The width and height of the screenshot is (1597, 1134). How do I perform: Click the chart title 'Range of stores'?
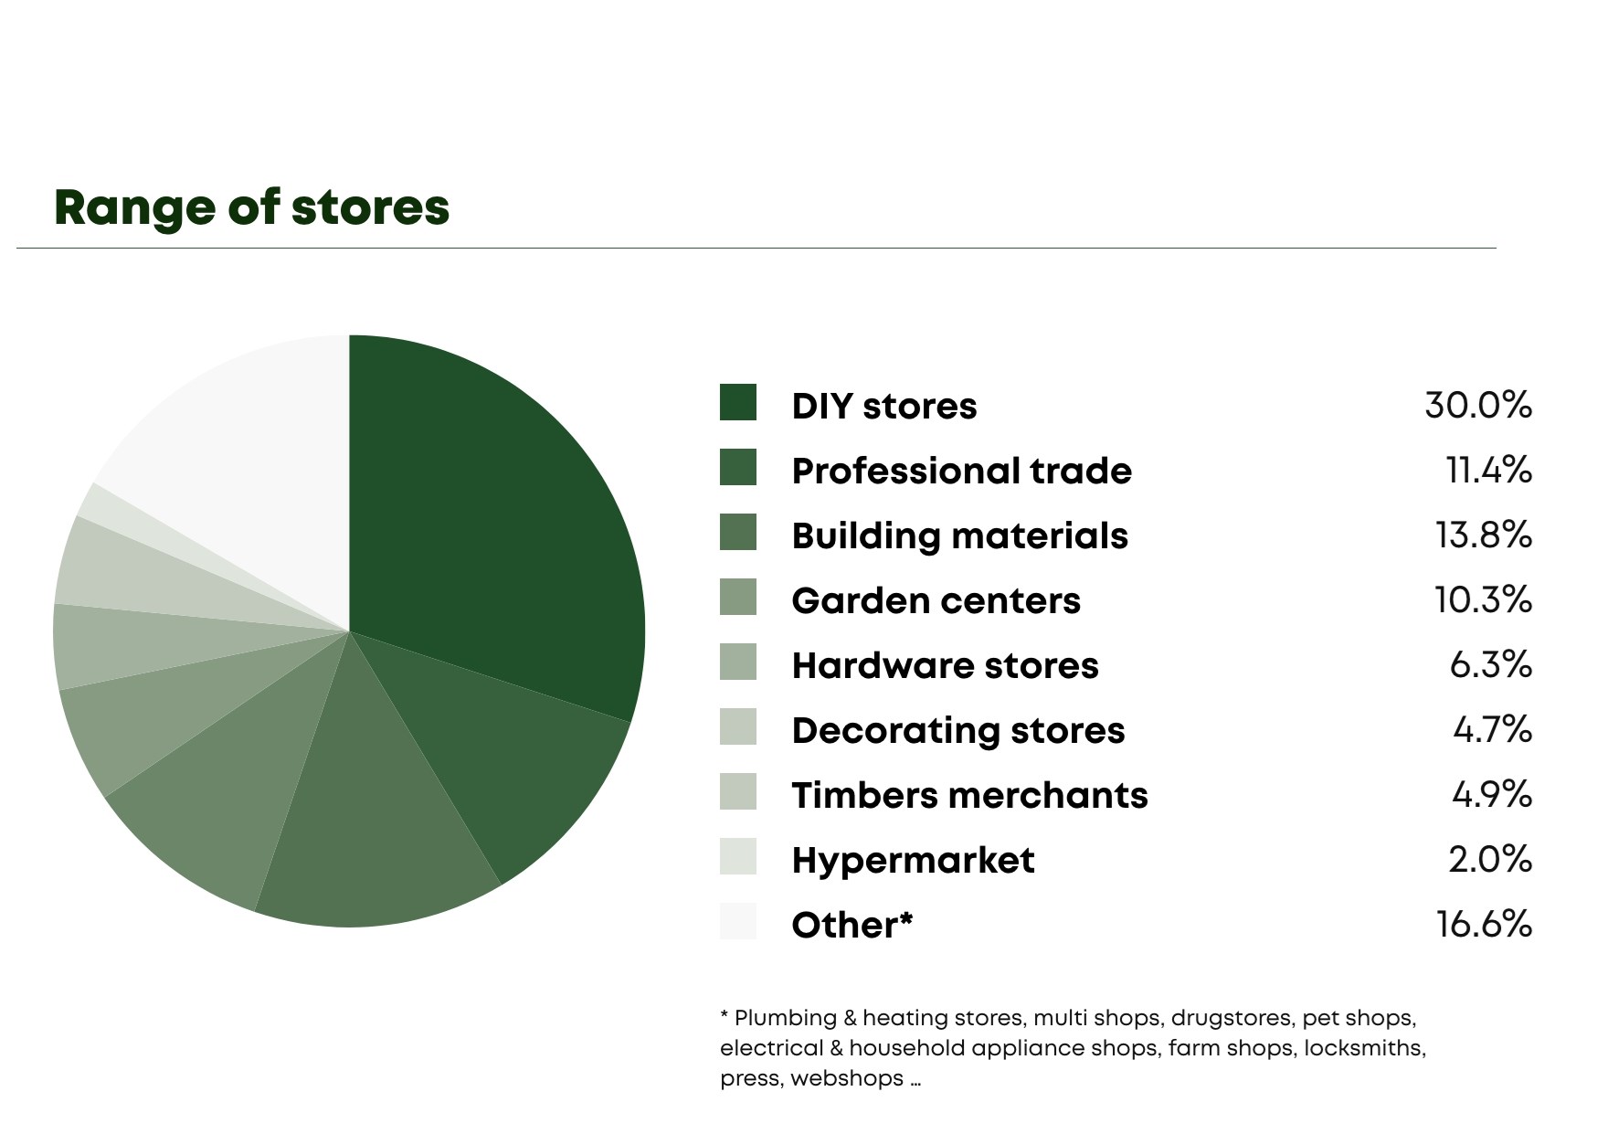click(252, 208)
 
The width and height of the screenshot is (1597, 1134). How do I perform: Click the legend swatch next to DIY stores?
click(738, 403)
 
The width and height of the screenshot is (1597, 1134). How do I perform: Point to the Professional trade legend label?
click(962, 471)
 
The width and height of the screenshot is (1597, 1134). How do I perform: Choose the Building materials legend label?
click(960, 535)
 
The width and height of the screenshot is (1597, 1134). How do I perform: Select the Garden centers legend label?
click(936, 600)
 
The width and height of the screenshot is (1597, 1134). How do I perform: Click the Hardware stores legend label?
click(946, 665)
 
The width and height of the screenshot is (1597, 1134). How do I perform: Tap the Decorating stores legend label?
click(958, 730)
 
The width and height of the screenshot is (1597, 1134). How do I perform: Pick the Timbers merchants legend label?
click(970, 795)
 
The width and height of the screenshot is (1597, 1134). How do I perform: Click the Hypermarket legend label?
click(914, 860)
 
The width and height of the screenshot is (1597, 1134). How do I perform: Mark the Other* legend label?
click(852, 925)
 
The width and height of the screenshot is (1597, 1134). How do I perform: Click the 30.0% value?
click(1478, 405)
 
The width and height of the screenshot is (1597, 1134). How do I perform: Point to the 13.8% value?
click(1484, 535)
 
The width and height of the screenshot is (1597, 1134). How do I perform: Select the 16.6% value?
click(1484, 924)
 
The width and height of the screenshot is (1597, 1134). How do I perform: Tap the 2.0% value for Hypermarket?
click(1490, 859)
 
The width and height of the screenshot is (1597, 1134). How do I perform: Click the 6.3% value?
click(1491, 664)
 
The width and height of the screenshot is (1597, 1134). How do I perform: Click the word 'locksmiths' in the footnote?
click(1363, 1048)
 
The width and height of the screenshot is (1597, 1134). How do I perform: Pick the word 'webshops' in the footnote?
click(847, 1078)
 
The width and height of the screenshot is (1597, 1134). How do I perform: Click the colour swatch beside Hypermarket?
click(738, 856)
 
